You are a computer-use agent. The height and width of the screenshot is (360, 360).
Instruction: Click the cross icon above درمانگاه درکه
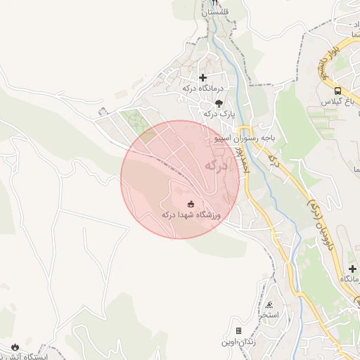tap(203, 77)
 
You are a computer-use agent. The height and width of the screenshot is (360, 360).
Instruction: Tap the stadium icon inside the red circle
tap(191, 204)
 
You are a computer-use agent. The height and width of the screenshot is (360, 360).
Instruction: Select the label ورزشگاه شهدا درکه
tap(191, 215)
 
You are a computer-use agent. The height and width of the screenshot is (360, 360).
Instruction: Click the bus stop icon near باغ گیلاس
tap(338, 91)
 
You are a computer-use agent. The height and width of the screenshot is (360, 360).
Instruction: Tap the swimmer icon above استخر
tap(269, 304)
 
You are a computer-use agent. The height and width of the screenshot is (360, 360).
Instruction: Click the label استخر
tap(269, 315)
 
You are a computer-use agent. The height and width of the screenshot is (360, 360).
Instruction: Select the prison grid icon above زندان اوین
tap(238, 330)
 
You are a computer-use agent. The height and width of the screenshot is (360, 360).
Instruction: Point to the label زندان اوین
tap(238, 341)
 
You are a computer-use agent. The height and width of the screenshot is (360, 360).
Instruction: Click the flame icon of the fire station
tap(15, 347)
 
